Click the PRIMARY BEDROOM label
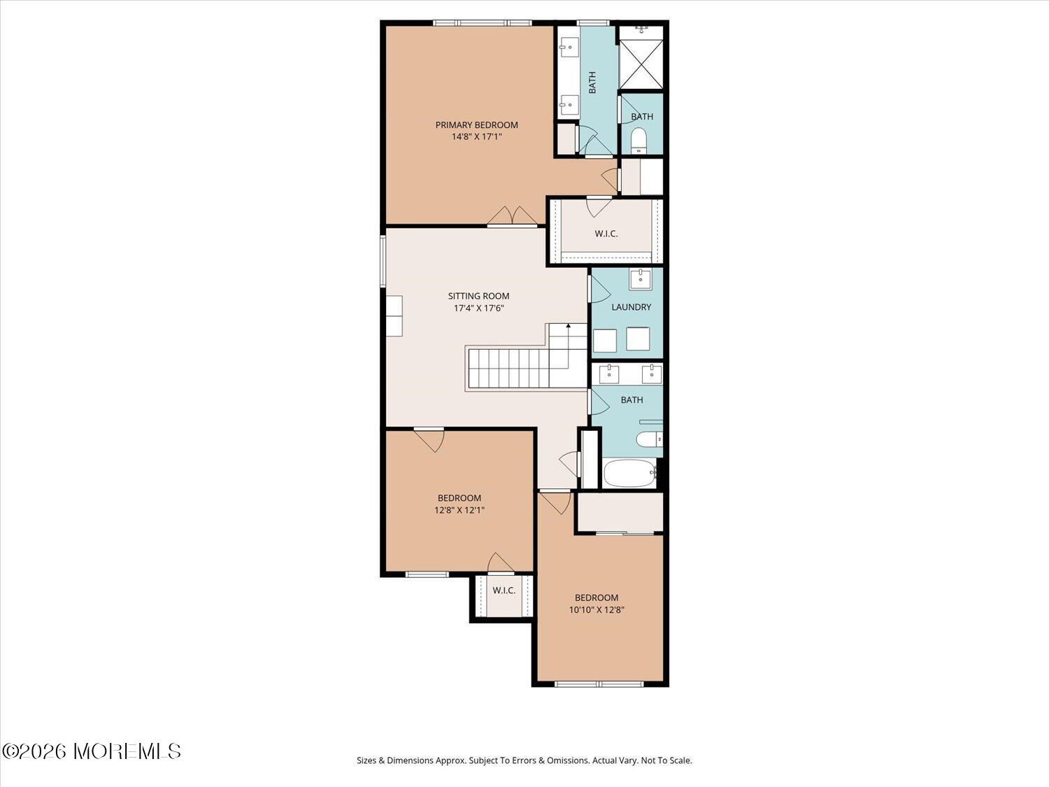pyautogui.click(x=476, y=125)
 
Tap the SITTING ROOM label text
pyautogui.click(x=478, y=296)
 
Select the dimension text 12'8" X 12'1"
pyautogui.click(x=459, y=510)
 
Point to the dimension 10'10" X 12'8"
pyautogui.click(x=597, y=610)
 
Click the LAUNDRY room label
pyautogui.click(x=631, y=307)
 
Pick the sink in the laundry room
pyautogui.click(x=641, y=279)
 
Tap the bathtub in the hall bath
pyautogui.click(x=629, y=473)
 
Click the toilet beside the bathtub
pyautogui.click(x=650, y=439)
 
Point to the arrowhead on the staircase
pyautogui.click(x=569, y=325)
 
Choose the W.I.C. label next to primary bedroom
pyautogui.click(x=606, y=234)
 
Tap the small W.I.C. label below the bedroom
pyautogui.click(x=504, y=590)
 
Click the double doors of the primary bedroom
pyautogui.click(x=513, y=216)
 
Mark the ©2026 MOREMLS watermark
pyautogui.click(x=92, y=751)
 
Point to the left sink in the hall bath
pyautogui.click(x=609, y=374)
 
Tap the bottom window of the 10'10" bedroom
pyautogui.click(x=599, y=684)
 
